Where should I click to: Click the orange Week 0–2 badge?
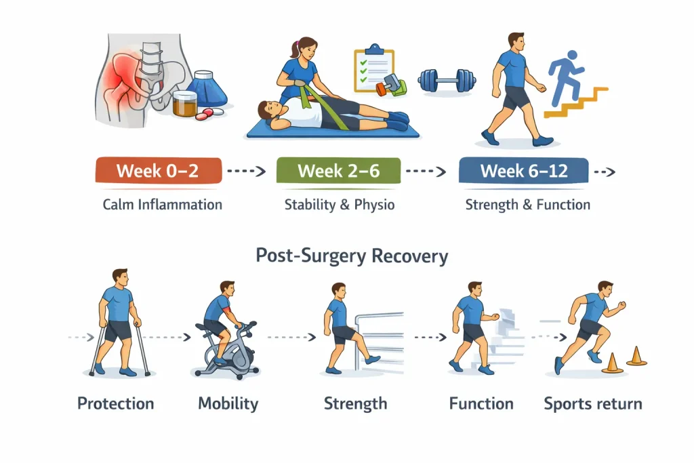[x=158, y=171]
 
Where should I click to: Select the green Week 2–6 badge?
[x=338, y=171]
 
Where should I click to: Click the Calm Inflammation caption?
[x=163, y=205]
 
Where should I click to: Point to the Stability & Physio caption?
[x=339, y=205]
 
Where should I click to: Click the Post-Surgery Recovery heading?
[x=352, y=256]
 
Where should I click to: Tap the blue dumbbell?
[x=447, y=80]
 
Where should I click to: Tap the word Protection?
[x=115, y=404]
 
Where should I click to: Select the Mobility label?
[x=228, y=404]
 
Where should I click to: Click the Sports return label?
[x=592, y=404]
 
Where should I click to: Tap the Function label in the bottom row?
[x=481, y=404]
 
